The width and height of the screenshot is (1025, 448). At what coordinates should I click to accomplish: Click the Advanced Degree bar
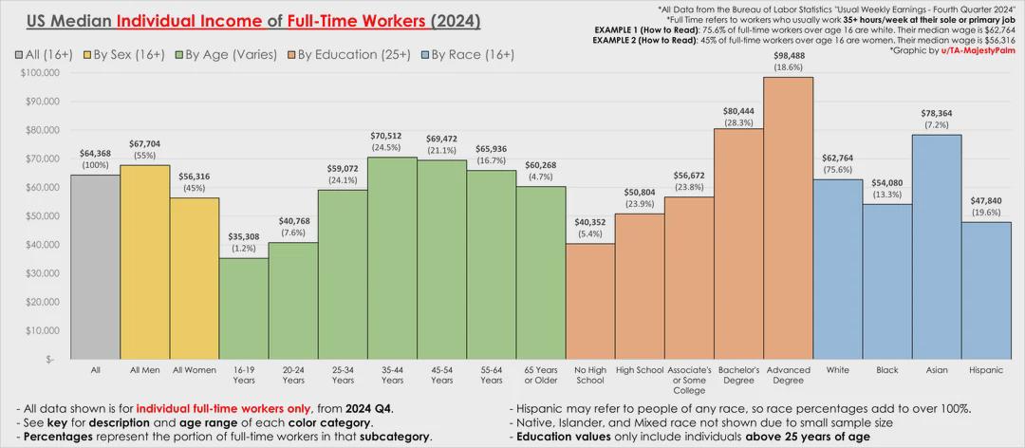pos(788,218)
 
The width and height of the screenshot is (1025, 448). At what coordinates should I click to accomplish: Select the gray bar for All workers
pos(95,267)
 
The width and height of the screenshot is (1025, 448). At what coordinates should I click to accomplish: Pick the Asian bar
pos(937,247)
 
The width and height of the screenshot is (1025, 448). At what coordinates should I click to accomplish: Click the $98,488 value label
pos(788,55)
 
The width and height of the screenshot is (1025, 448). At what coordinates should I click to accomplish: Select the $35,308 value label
pos(244,236)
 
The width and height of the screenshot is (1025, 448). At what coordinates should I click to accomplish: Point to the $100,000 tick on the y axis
pos(40,72)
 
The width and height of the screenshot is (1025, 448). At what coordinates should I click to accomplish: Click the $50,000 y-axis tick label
pos(42,215)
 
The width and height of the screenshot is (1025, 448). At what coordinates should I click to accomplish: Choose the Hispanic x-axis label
pos(986,368)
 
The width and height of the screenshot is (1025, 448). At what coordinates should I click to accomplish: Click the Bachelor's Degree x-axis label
pos(738,374)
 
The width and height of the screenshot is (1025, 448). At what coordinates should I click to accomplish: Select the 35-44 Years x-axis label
pos(392,374)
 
